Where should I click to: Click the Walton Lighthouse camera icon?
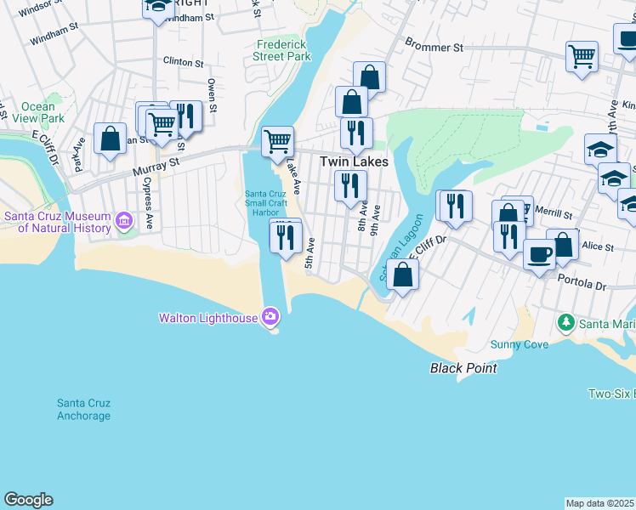(270, 317)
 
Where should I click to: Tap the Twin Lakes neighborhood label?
(354, 161)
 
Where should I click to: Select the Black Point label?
(463, 368)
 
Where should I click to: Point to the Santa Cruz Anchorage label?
(83, 409)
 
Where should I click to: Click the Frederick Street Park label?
(281, 50)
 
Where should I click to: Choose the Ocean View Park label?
(38, 113)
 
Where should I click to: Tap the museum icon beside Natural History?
(124, 222)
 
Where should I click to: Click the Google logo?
(28, 500)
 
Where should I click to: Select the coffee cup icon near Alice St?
(539, 254)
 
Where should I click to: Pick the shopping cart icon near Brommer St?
(582, 57)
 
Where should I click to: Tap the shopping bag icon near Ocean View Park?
(110, 139)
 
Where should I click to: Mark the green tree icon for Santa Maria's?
(565, 322)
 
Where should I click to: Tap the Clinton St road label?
(183, 63)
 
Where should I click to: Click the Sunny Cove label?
(518, 344)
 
